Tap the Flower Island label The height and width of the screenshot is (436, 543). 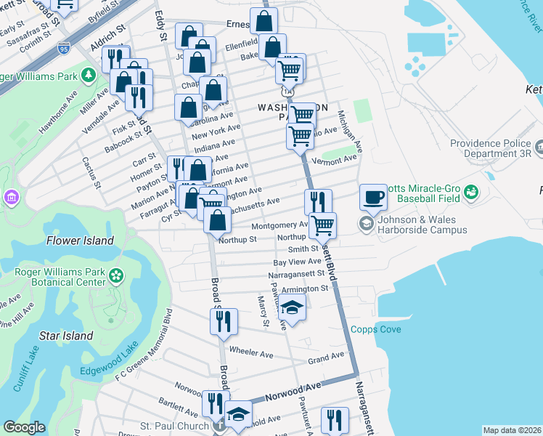80,241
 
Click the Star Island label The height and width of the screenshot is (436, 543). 66,336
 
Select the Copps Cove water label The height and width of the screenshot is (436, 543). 375,329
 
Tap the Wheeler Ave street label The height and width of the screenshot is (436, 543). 250,353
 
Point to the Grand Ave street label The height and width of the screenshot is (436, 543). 325,358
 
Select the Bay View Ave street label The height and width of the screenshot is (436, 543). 297,262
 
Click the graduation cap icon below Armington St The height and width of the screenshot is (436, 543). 292,310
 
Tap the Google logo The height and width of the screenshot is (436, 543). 24,428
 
